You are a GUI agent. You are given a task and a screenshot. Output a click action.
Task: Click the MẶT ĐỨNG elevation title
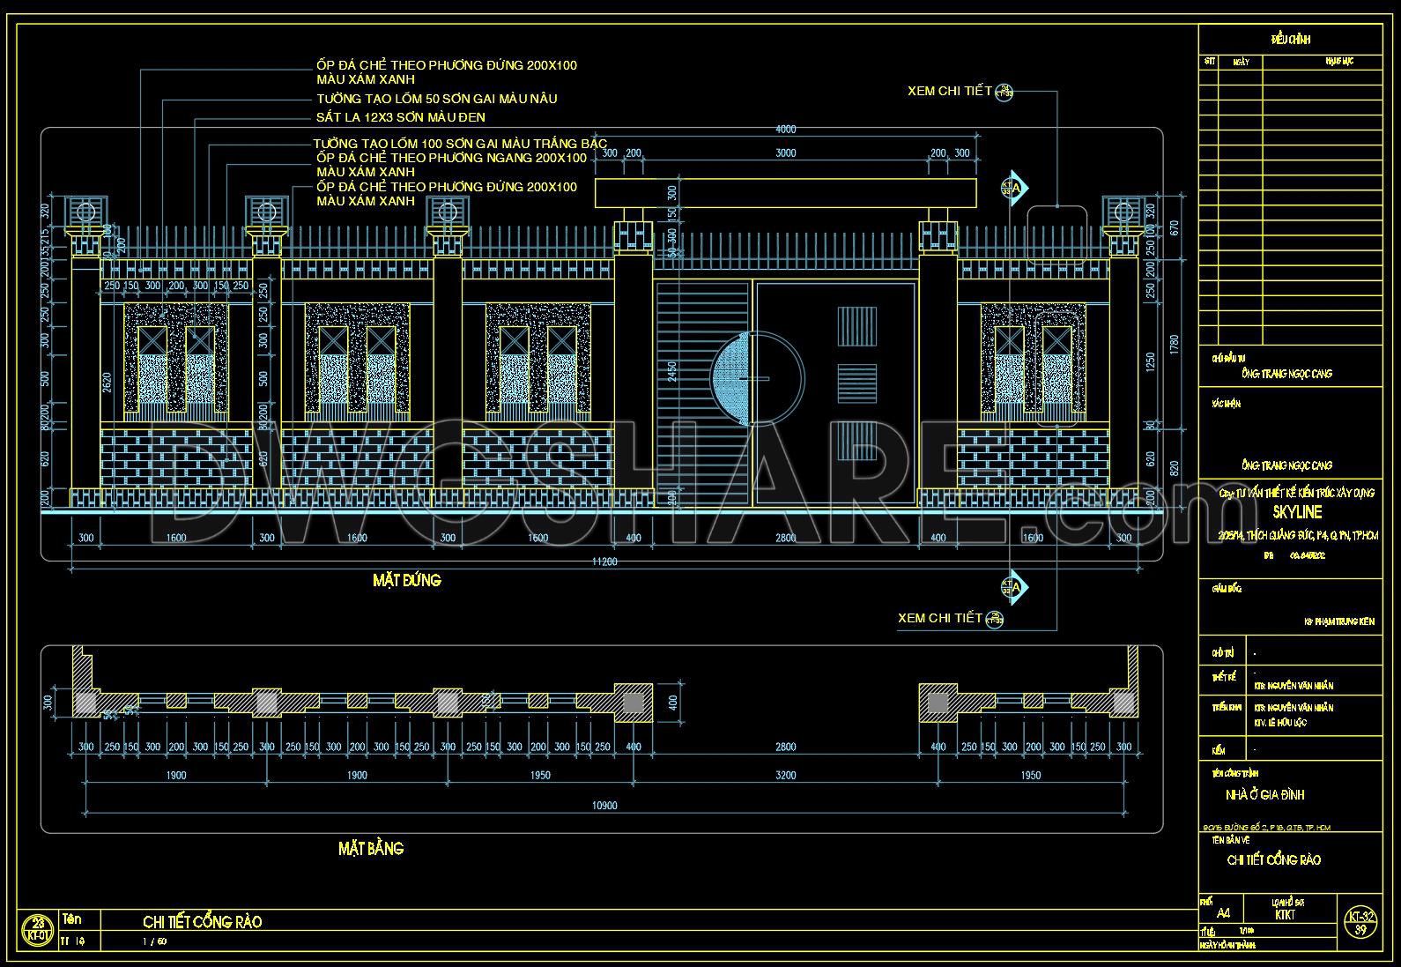tap(406, 580)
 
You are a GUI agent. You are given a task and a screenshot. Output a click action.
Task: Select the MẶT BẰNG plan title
tap(371, 848)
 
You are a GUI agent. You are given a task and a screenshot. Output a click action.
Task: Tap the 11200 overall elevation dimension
tap(604, 561)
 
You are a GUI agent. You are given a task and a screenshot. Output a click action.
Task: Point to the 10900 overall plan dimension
tap(604, 805)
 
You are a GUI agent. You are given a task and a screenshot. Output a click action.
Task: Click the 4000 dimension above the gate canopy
tap(785, 130)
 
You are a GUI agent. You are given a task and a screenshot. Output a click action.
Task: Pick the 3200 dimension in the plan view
tap(785, 776)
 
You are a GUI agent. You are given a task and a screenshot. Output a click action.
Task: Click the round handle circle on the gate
tap(758, 378)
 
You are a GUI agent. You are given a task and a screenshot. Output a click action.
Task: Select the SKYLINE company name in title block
tap(1297, 512)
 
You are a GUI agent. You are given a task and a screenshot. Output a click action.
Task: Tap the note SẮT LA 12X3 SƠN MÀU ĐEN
tap(401, 117)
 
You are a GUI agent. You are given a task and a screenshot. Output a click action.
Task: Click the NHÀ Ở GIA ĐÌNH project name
tap(1264, 795)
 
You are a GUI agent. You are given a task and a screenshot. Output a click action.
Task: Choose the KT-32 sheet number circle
tap(1360, 922)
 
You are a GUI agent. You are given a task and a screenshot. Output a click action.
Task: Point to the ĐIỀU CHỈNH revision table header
tap(1291, 40)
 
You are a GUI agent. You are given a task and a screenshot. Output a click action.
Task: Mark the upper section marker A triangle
tap(1016, 187)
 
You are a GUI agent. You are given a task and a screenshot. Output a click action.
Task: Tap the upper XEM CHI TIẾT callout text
tap(950, 91)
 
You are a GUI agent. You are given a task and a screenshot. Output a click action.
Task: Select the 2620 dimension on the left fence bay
tap(107, 382)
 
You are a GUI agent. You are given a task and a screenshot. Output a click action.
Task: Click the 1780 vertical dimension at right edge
tap(1172, 344)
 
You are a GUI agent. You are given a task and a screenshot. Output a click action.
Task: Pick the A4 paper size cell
tap(1223, 915)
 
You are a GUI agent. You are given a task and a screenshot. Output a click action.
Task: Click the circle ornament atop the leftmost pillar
tap(85, 212)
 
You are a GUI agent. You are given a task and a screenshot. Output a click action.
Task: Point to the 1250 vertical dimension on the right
tap(1149, 361)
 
